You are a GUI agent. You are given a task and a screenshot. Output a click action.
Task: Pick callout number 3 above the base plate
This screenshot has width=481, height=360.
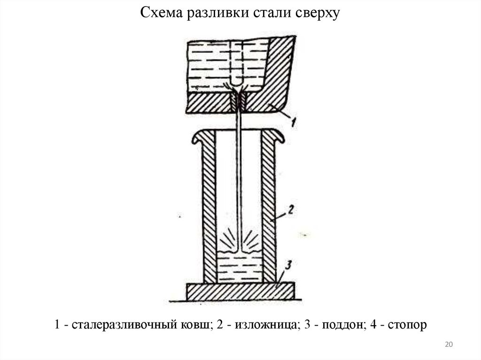click(x=289, y=266)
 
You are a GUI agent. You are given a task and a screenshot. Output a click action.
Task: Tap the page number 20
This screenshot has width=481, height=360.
click(x=448, y=345)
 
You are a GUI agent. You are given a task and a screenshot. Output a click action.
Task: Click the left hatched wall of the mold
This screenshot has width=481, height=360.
click(x=209, y=211)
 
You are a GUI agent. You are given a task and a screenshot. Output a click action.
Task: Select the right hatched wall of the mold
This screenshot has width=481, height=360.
click(x=268, y=211)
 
